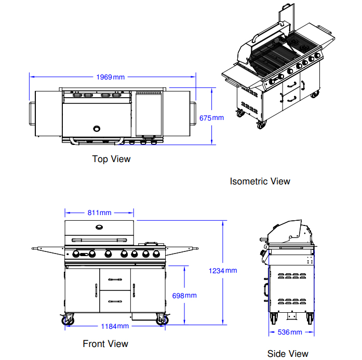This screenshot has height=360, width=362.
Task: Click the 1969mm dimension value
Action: tap(110, 77)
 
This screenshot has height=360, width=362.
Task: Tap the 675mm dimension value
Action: tap(212, 118)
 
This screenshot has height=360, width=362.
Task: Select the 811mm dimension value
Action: tap(99, 212)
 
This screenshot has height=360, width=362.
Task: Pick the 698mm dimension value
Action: tap(184, 296)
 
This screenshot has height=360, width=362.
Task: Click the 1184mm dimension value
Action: tap(114, 326)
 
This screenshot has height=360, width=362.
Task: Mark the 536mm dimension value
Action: tap(289, 332)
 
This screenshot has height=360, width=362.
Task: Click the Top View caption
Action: tap(111, 159)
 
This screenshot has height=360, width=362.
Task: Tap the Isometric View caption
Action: tap(260, 181)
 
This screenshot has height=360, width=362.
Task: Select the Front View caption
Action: tap(105, 343)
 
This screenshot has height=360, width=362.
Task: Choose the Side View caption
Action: tap(288, 353)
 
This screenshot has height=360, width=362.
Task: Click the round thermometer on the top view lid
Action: tap(97, 128)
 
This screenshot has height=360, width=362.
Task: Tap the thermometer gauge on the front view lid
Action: tap(99, 226)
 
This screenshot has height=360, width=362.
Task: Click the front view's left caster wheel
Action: tap(68, 321)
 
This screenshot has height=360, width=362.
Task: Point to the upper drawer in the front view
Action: tap(115, 279)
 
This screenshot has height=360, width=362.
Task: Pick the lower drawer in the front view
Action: tap(115, 300)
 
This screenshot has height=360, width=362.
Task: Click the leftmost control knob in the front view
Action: tap(75, 254)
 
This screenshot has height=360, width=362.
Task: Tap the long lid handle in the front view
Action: tap(99, 239)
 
